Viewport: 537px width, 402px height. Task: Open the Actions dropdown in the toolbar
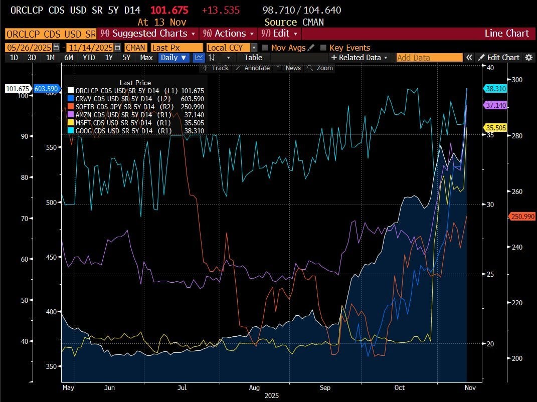pos(228,34)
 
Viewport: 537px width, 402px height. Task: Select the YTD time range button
pos(89,58)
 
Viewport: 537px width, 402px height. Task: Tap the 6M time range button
pos(69,58)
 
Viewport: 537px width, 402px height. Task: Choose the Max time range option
pos(146,58)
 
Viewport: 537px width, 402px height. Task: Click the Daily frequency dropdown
pos(173,58)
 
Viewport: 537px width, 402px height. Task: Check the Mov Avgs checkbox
pos(267,48)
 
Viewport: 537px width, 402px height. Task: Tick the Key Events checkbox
pos(323,48)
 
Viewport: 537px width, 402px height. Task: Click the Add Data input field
pos(429,58)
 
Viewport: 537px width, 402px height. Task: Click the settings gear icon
pos(528,58)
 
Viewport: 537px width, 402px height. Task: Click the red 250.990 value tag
pos(522,217)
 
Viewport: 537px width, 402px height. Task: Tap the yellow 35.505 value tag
pos(495,127)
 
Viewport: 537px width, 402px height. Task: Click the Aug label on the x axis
pos(254,388)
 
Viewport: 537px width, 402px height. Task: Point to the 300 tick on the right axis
pos(516,80)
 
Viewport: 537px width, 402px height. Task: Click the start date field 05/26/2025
pos(28,48)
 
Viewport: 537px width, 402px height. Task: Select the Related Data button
pos(359,58)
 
